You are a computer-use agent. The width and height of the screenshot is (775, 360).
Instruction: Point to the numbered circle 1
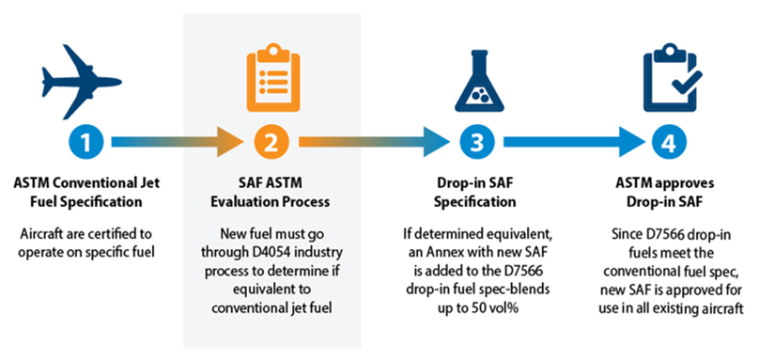85,143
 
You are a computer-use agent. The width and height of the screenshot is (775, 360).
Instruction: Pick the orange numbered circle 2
270,143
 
